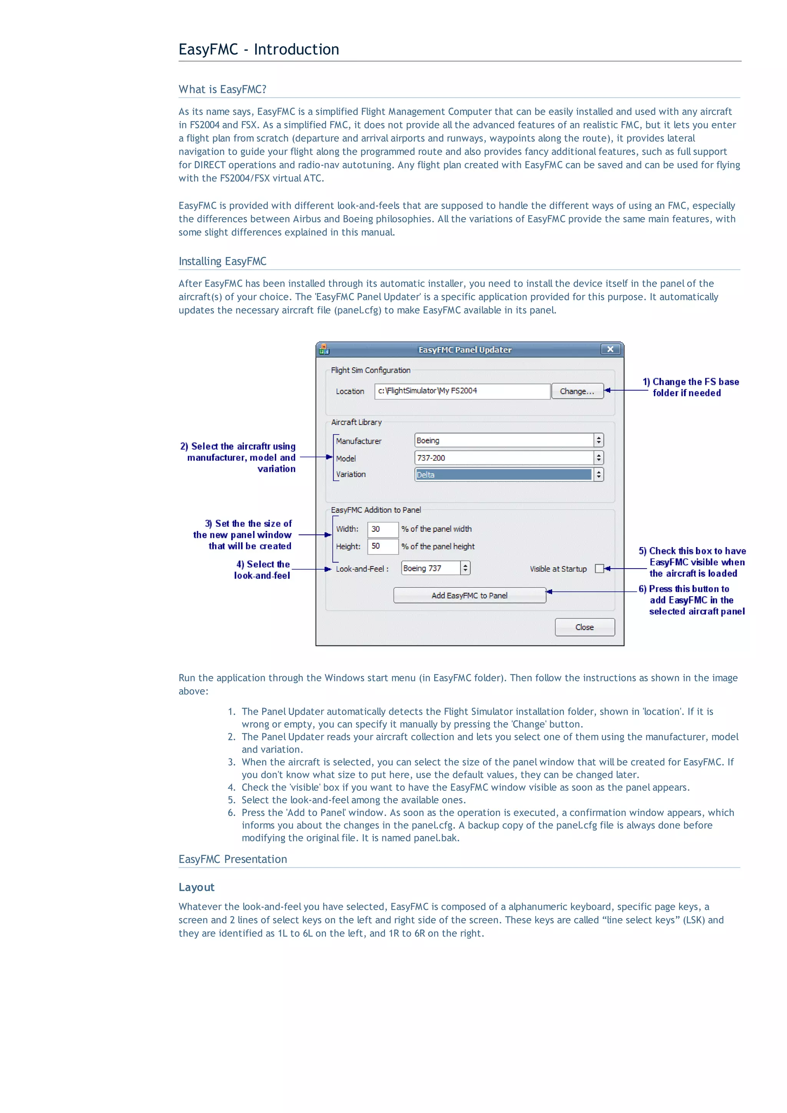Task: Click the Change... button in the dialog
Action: (576, 391)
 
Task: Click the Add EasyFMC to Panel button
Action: (469, 595)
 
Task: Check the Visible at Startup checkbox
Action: (599, 569)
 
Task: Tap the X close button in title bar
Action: (610, 349)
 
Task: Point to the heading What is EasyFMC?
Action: (222, 89)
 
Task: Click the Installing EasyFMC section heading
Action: (222, 261)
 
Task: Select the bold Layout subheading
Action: (196, 887)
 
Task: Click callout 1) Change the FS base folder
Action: (691, 387)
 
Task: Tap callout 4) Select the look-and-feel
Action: (263, 570)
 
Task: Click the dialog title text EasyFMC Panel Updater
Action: (465, 350)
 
